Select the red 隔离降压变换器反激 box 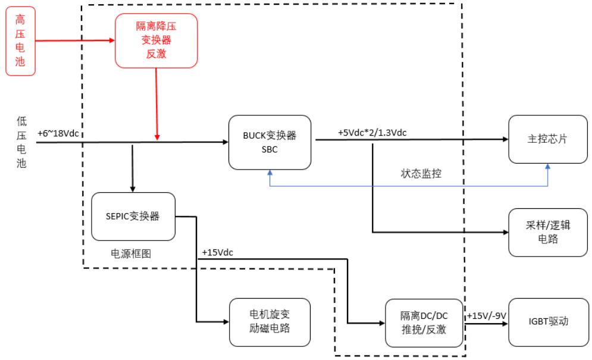(156, 39)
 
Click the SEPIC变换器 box (134, 217)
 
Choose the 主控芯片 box (547, 140)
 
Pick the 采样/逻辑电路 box (547, 233)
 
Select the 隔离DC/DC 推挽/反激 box (424, 323)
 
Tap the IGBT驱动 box (547, 323)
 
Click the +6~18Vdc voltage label (58, 133)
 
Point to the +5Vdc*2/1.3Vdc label (372, 132)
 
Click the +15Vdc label (217, 252)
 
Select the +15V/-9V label (485, 315)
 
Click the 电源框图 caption (131, 253)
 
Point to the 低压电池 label (21, 142)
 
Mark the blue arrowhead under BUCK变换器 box (270, 172)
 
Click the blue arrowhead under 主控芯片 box (547, 168)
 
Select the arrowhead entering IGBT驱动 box (505, 325)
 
